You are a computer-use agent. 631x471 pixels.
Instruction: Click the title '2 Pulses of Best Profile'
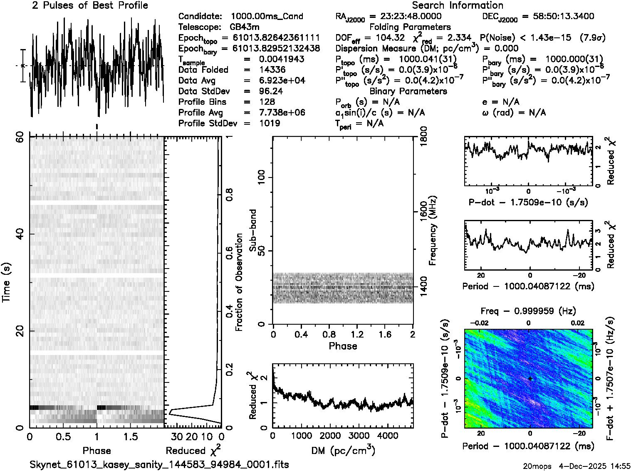[90, 5]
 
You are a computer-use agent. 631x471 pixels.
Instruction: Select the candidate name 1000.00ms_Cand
[267, 16]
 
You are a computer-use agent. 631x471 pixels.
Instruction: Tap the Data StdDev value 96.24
[271, 91]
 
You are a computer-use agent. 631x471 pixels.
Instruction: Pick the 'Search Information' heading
[458, 5]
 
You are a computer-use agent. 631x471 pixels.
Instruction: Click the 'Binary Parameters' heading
[408, 91]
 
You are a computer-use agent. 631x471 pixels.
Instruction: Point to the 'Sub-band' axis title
[252, 230]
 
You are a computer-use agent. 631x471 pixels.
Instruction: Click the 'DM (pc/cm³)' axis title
[343, 451]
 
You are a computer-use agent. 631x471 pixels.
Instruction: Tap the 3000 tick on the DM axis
[359, 436]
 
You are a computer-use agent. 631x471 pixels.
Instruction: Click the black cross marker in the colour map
[530, 378]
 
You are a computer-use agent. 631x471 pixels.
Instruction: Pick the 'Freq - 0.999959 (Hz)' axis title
[528, 311]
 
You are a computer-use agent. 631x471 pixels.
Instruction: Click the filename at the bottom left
[159, 464]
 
